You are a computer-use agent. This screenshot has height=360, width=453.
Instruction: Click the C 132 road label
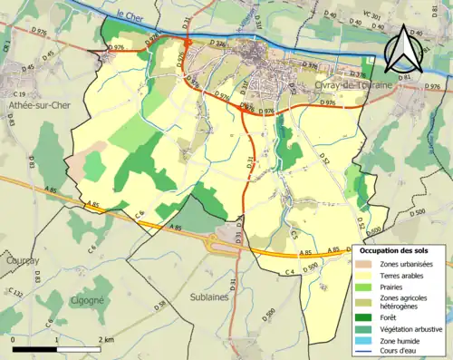[x=16, y=292]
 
